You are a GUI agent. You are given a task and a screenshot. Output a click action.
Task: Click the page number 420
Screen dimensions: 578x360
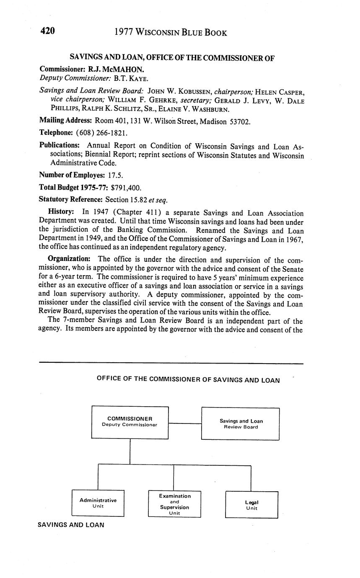pyautogui.click(x=47, y=31)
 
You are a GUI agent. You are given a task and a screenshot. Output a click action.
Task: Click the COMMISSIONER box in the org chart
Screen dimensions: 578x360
pyautogui.click(x=130, y=422)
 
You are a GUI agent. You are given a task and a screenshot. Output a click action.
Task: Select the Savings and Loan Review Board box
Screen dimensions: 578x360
pyautogui.click(x=241, y=423)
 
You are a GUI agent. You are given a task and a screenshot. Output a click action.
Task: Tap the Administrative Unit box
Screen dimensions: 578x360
pyautogui.click(x=98, y=503)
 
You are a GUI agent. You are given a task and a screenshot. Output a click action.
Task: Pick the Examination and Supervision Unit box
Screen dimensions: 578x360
pyautogui.click(x=174, y=504)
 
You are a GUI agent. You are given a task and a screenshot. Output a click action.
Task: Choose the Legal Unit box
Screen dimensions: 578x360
pyautogui.click(x=251, y=505)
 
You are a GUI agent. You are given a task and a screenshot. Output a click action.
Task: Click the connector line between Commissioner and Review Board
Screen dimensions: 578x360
pyautogui.click(x=185, y=423)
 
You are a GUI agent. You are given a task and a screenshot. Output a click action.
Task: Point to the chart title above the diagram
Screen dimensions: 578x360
pyautogui.click(x=188, y=380)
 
